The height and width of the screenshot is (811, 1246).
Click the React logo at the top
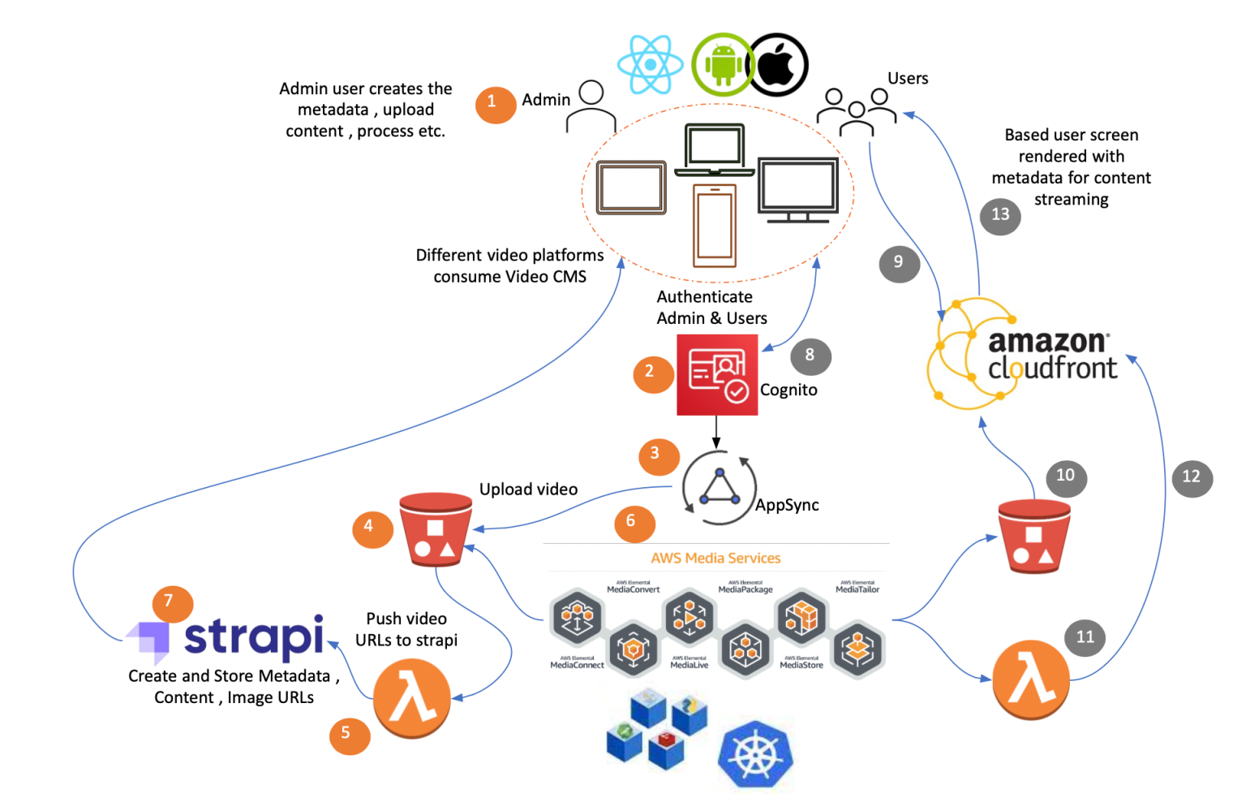[x=650, y=64]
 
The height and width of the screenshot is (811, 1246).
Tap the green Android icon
[x=721, y=64]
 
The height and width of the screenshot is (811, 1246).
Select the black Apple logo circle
[x=778, y=65]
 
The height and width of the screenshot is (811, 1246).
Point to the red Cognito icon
[x=717, y=375]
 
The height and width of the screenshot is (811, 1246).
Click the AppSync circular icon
[x=719, y=487]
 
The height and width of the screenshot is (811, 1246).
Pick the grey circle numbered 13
[x=1000, y=216]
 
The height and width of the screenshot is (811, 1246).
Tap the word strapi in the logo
[x=253, y=636]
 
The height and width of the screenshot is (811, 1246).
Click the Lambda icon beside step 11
[x=1031, y=680]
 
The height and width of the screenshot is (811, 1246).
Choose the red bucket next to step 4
[x=436, y=529]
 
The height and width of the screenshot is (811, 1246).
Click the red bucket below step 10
[x=1033, y=537]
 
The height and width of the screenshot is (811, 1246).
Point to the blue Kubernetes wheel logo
[x=754, y=755]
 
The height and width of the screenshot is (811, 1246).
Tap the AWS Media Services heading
[x=715, y=558]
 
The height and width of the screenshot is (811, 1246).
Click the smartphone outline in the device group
[x=715, y=225]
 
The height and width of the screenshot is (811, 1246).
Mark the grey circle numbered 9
[x=899, y=263]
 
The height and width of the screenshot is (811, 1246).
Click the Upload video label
[x=528, y=490]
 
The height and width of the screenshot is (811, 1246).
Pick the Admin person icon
[x=591, y=106]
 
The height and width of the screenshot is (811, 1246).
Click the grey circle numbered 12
[x=1191, y=477]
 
